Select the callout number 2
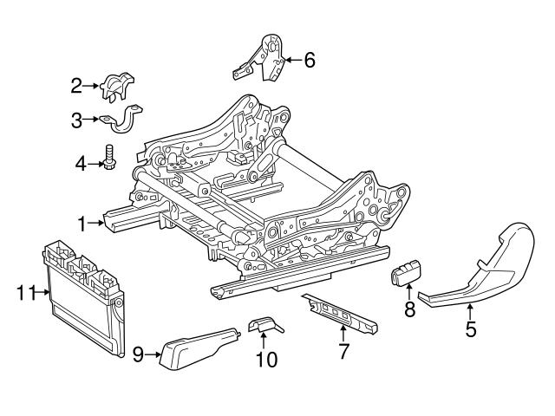point(77,85)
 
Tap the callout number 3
point(77,120)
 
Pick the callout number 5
point(471,329)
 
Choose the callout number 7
point(343,351)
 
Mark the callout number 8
point(408,309)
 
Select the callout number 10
point(268,358)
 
